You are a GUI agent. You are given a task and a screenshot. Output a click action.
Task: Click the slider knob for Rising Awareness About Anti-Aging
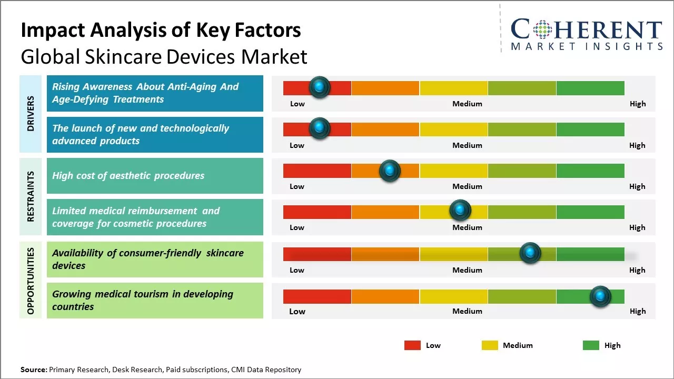319,87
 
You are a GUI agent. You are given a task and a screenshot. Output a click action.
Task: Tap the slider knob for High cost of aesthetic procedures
390,171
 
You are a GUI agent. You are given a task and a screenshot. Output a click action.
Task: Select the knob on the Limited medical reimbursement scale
460,211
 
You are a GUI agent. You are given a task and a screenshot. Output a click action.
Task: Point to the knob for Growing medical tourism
600,296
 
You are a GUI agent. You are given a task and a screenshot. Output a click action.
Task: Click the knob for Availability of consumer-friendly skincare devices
530,253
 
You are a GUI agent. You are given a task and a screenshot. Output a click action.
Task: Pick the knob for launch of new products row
319,128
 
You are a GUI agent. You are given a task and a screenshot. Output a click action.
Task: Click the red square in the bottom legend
412,345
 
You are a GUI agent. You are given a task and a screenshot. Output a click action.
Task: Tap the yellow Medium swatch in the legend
490,345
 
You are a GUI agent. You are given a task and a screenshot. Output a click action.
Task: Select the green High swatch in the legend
591,345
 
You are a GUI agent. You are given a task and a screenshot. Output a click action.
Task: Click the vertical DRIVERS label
31,113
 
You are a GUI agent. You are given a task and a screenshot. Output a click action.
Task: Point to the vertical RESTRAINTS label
31,196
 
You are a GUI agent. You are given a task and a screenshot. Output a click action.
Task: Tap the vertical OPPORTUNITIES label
31,281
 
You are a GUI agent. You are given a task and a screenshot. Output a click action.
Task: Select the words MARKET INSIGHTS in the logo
587,47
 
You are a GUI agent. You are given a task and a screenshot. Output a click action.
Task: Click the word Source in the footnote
33,370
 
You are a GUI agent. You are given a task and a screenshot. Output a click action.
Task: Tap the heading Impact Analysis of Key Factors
161,30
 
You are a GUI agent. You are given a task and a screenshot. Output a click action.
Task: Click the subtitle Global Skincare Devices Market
164,56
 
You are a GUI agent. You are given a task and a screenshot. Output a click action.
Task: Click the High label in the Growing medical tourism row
637,311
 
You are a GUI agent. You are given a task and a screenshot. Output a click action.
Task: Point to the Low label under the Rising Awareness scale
298,104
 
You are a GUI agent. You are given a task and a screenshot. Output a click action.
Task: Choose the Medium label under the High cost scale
467,186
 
